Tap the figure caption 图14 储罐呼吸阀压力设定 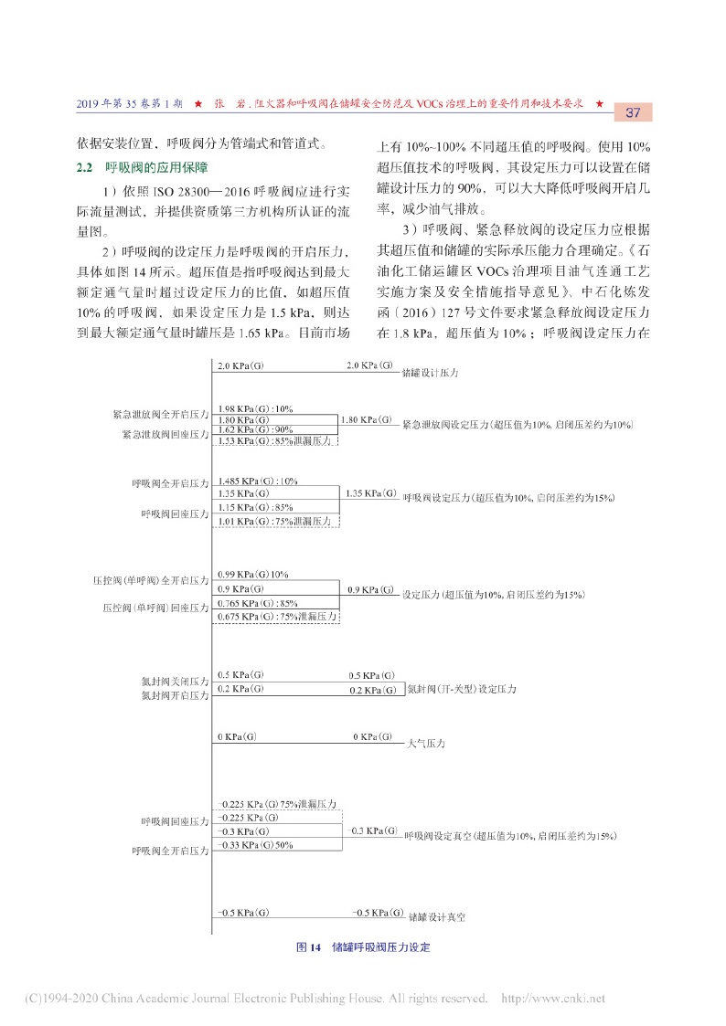(x=363, y=947)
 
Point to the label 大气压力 (x=425, y=745)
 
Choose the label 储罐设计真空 (x=437, y=916)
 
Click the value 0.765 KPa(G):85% (x=258, y=604)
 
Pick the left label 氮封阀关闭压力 (x=175, y=682)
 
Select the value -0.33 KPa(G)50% (x=255, y=844)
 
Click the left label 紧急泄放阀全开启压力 (x=161, y=414)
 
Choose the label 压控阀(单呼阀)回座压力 (x=151, y=607)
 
